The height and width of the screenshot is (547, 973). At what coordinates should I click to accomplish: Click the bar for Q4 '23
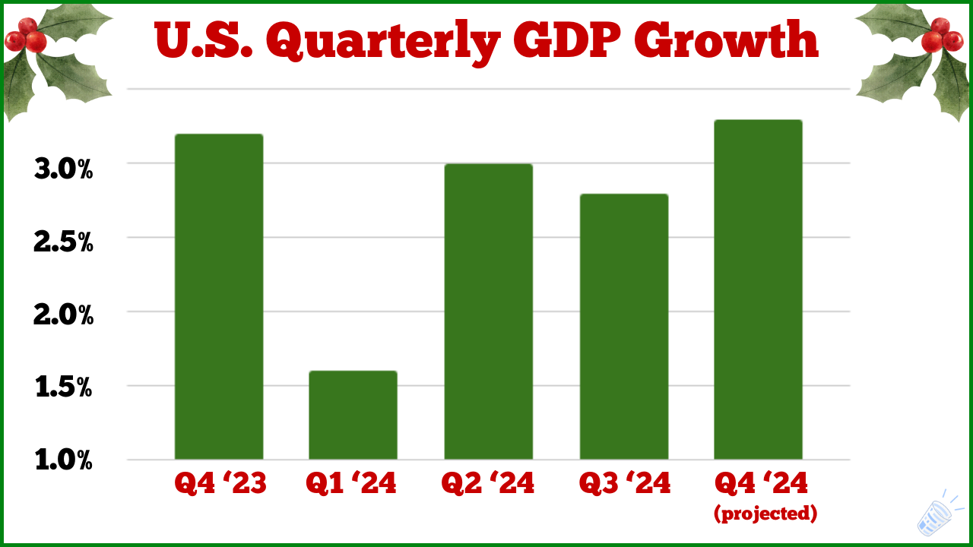pos(219,296)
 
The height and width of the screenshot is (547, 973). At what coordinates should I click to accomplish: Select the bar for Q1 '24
pos(353,415)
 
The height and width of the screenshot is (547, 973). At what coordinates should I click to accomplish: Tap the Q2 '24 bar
pos(488,311)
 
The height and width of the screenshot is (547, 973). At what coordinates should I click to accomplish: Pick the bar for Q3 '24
pos(623,327)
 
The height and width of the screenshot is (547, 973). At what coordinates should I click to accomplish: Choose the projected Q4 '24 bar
pos(758,289)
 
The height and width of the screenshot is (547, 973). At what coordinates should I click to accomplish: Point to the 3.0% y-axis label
pos(64,169)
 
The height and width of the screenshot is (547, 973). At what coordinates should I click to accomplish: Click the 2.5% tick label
pos(64,242)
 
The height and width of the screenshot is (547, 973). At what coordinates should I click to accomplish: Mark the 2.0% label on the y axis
pos(64,315)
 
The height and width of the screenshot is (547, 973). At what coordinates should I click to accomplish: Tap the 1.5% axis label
pos(64,388)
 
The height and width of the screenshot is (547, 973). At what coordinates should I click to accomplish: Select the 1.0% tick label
pos(64,460)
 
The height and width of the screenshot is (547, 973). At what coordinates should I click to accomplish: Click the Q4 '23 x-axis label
pos(220,484)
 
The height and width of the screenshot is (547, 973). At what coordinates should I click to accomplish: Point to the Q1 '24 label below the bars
pos(351,484)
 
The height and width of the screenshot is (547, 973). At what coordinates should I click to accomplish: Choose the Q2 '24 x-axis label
pos(488,484)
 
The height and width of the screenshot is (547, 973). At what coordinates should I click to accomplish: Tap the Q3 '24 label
pos(625,484)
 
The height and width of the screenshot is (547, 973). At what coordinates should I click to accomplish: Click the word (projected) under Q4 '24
pos(765,514)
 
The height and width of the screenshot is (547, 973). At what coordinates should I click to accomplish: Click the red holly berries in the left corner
pos(28,35)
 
